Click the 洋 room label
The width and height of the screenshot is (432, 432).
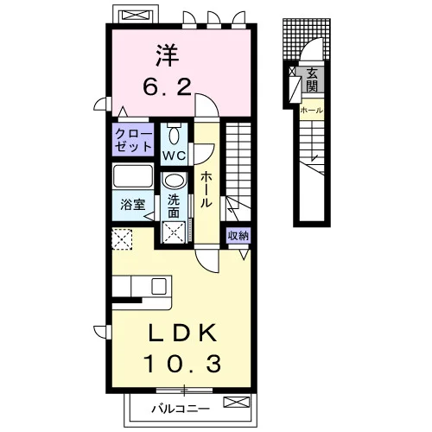click(168, 55)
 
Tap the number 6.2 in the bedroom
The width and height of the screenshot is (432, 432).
click(168, 87)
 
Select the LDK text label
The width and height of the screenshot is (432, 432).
click(182, 333)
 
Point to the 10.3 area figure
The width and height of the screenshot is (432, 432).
click(182, 364)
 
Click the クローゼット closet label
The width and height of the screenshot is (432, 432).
click(133, 140)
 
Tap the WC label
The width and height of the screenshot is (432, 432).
click(174, 156)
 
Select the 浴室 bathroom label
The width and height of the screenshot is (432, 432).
click(133, 205)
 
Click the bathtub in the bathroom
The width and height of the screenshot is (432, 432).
click(132, 175)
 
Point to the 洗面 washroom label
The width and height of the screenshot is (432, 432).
click(174, 206)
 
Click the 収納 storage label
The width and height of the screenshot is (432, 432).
click(238, 236)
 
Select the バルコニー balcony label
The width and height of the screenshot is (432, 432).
click(181, 409)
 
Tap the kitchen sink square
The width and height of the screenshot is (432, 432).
click(159, 287)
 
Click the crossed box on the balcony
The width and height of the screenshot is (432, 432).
click(237, 402)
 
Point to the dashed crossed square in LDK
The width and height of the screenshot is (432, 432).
click(122, 239)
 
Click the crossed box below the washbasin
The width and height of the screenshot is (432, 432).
click(174, 232)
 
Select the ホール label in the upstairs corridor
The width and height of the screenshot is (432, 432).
click(206, 189)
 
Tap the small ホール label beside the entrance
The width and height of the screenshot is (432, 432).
click(312, 110)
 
